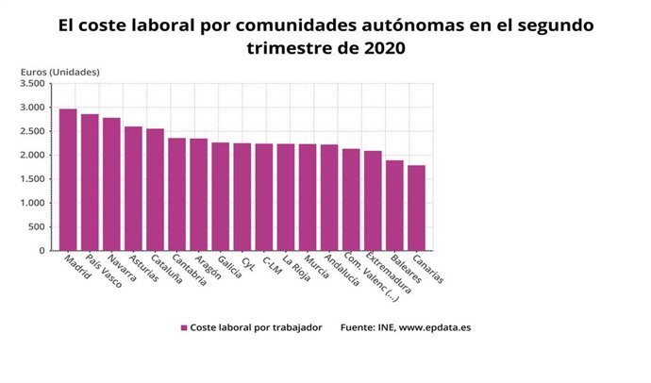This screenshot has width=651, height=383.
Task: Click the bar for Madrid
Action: click(68, 180)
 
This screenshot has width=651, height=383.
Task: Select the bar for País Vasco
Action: click(90, 183)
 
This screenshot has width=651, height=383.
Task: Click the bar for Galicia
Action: click(220, 197)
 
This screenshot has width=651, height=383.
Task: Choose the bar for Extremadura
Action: click(373, 201)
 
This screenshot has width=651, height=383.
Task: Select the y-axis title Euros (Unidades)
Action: click(59, 71)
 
